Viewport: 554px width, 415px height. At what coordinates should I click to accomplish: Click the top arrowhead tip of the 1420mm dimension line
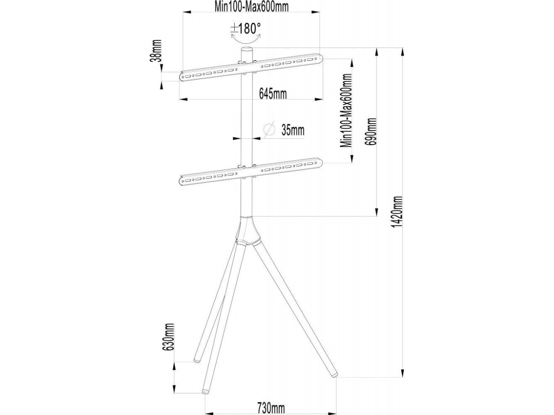pos(402,47)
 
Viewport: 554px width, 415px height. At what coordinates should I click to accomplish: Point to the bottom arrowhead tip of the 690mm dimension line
pos(377,216)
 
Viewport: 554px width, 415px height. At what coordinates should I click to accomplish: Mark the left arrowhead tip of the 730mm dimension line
pos(205,413)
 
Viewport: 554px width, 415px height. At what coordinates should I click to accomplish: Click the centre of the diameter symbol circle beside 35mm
pos(269,129)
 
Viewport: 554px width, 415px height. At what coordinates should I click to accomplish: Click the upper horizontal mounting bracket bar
pos(251,67)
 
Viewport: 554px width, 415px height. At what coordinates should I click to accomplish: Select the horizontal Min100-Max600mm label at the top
pos(251,7)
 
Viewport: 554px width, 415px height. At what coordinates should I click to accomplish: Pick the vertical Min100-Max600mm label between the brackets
pos(346,110)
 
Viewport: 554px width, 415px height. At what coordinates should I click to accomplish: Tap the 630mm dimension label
pos(169,337)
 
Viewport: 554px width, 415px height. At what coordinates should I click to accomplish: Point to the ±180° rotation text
pos(245,28)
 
